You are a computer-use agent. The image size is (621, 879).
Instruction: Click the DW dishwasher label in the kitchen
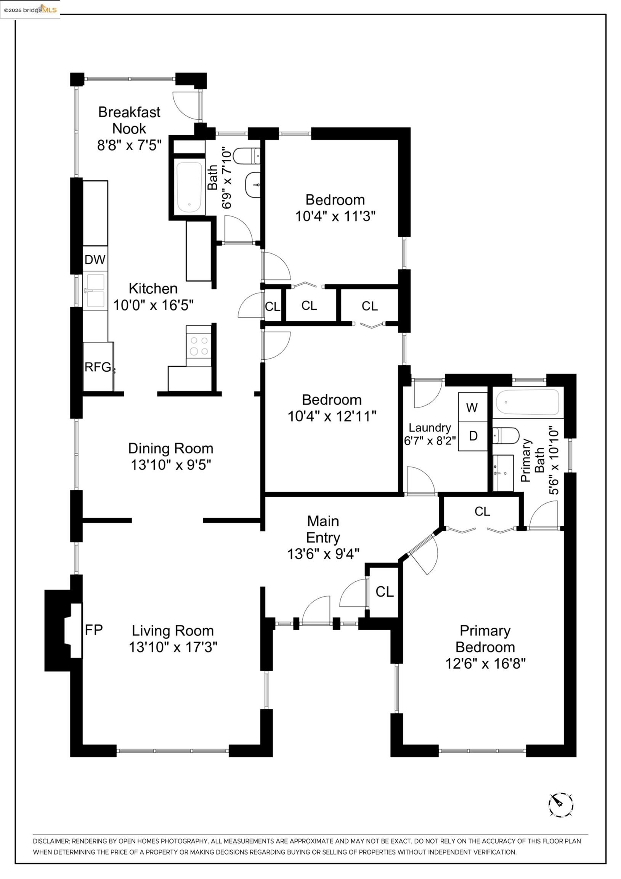point(95,259)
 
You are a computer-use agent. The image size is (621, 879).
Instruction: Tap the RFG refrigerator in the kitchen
point(98,367)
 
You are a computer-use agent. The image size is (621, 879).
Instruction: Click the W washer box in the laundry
point(472,407)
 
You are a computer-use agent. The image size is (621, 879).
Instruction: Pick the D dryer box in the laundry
point(473,436)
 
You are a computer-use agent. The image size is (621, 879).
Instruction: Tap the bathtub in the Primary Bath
point(527,402)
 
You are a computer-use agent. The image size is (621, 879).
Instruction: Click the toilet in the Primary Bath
point(505,436)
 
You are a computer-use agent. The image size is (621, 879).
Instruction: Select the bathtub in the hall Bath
point(189,187)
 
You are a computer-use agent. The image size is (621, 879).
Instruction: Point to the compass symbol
point(561,805)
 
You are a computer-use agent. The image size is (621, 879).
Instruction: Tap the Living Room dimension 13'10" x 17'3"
point(173,647)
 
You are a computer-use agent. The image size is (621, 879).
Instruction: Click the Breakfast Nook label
point(129,120)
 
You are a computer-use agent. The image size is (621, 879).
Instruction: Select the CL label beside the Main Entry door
point(385,592)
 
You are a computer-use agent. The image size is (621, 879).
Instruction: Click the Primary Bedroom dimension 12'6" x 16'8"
point(485,663)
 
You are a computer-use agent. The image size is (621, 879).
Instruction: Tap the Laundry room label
point(430,427)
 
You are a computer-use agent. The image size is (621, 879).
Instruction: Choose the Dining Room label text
point(171,448)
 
